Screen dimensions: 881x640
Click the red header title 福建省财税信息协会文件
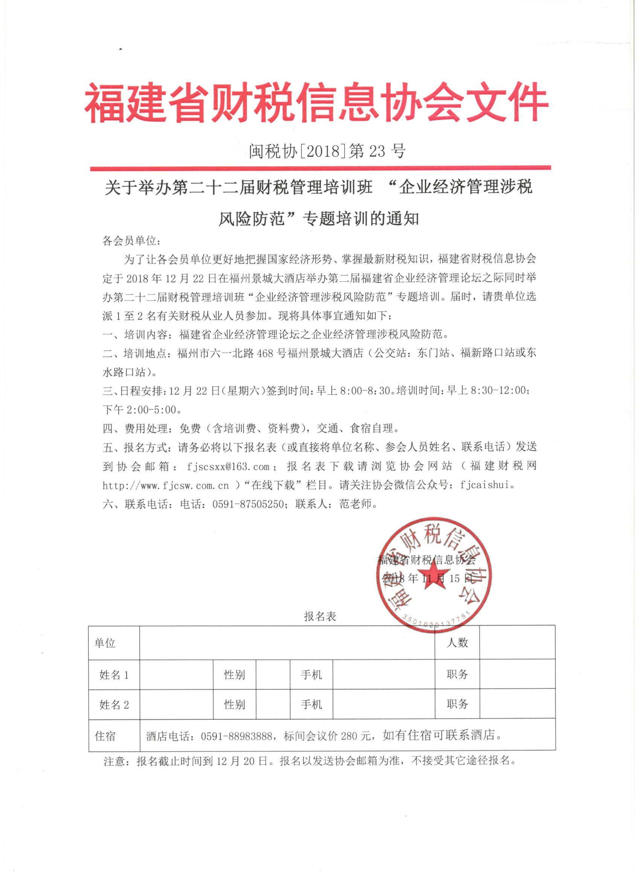click(316, 102)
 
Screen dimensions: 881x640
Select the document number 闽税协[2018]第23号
click(326, 150)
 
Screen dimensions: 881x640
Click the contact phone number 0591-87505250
click(248, 504)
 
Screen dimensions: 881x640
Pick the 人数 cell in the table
click(457, 643)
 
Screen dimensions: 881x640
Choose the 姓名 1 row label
click(114, 675)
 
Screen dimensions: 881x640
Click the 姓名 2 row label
click(114, 705)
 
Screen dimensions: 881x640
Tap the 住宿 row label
click(105, 736)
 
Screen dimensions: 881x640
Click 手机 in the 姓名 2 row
click(311, 705)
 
